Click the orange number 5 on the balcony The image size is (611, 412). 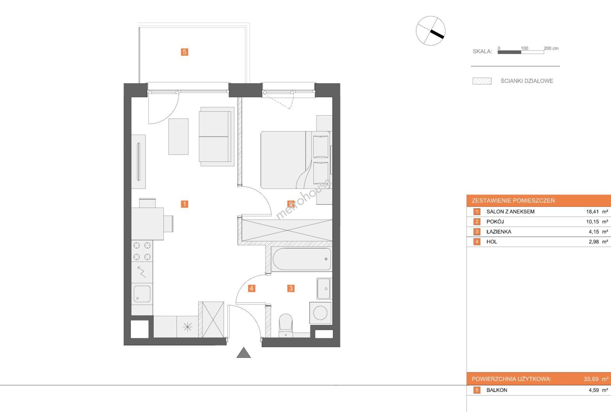pyautogui.click(x=184, y=52)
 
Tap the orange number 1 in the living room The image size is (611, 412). pyautogui.click(x=184, y=204)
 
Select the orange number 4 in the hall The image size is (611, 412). pyautogui.click(x=252, y=288)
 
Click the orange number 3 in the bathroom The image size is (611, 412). pyautogui.click(x=291, y=288)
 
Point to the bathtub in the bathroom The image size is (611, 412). pyautogui.click(x=301, y=259)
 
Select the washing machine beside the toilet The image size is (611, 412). pyautogui.click(x=321, y=312)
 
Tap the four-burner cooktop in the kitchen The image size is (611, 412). pyautogui.click(x=142, y=251)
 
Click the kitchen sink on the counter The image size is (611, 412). pyautogui.click(x=142, y=294)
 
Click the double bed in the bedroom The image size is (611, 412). pyautogui.click(x=296, y=160)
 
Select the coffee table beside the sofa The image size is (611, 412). pyautogui.click(x=178, y=137)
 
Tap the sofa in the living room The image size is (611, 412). pyautogui.click(x=216, y=137)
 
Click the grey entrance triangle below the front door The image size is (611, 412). pyautogui.click(x=244, y=353)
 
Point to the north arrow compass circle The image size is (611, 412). pyautogui.click(x=430, y=31)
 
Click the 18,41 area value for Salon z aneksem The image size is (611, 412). pyautogui.click(x=592, y=212)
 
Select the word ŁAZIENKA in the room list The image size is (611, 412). pyautogui.click(x=499, y=232)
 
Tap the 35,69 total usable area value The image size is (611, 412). pyautogui.click(x=591, y=379)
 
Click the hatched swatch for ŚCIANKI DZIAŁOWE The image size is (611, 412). pyautogui.click(x=482, y=81)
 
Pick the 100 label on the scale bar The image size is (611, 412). pyautogui.click(x=524, y=48)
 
